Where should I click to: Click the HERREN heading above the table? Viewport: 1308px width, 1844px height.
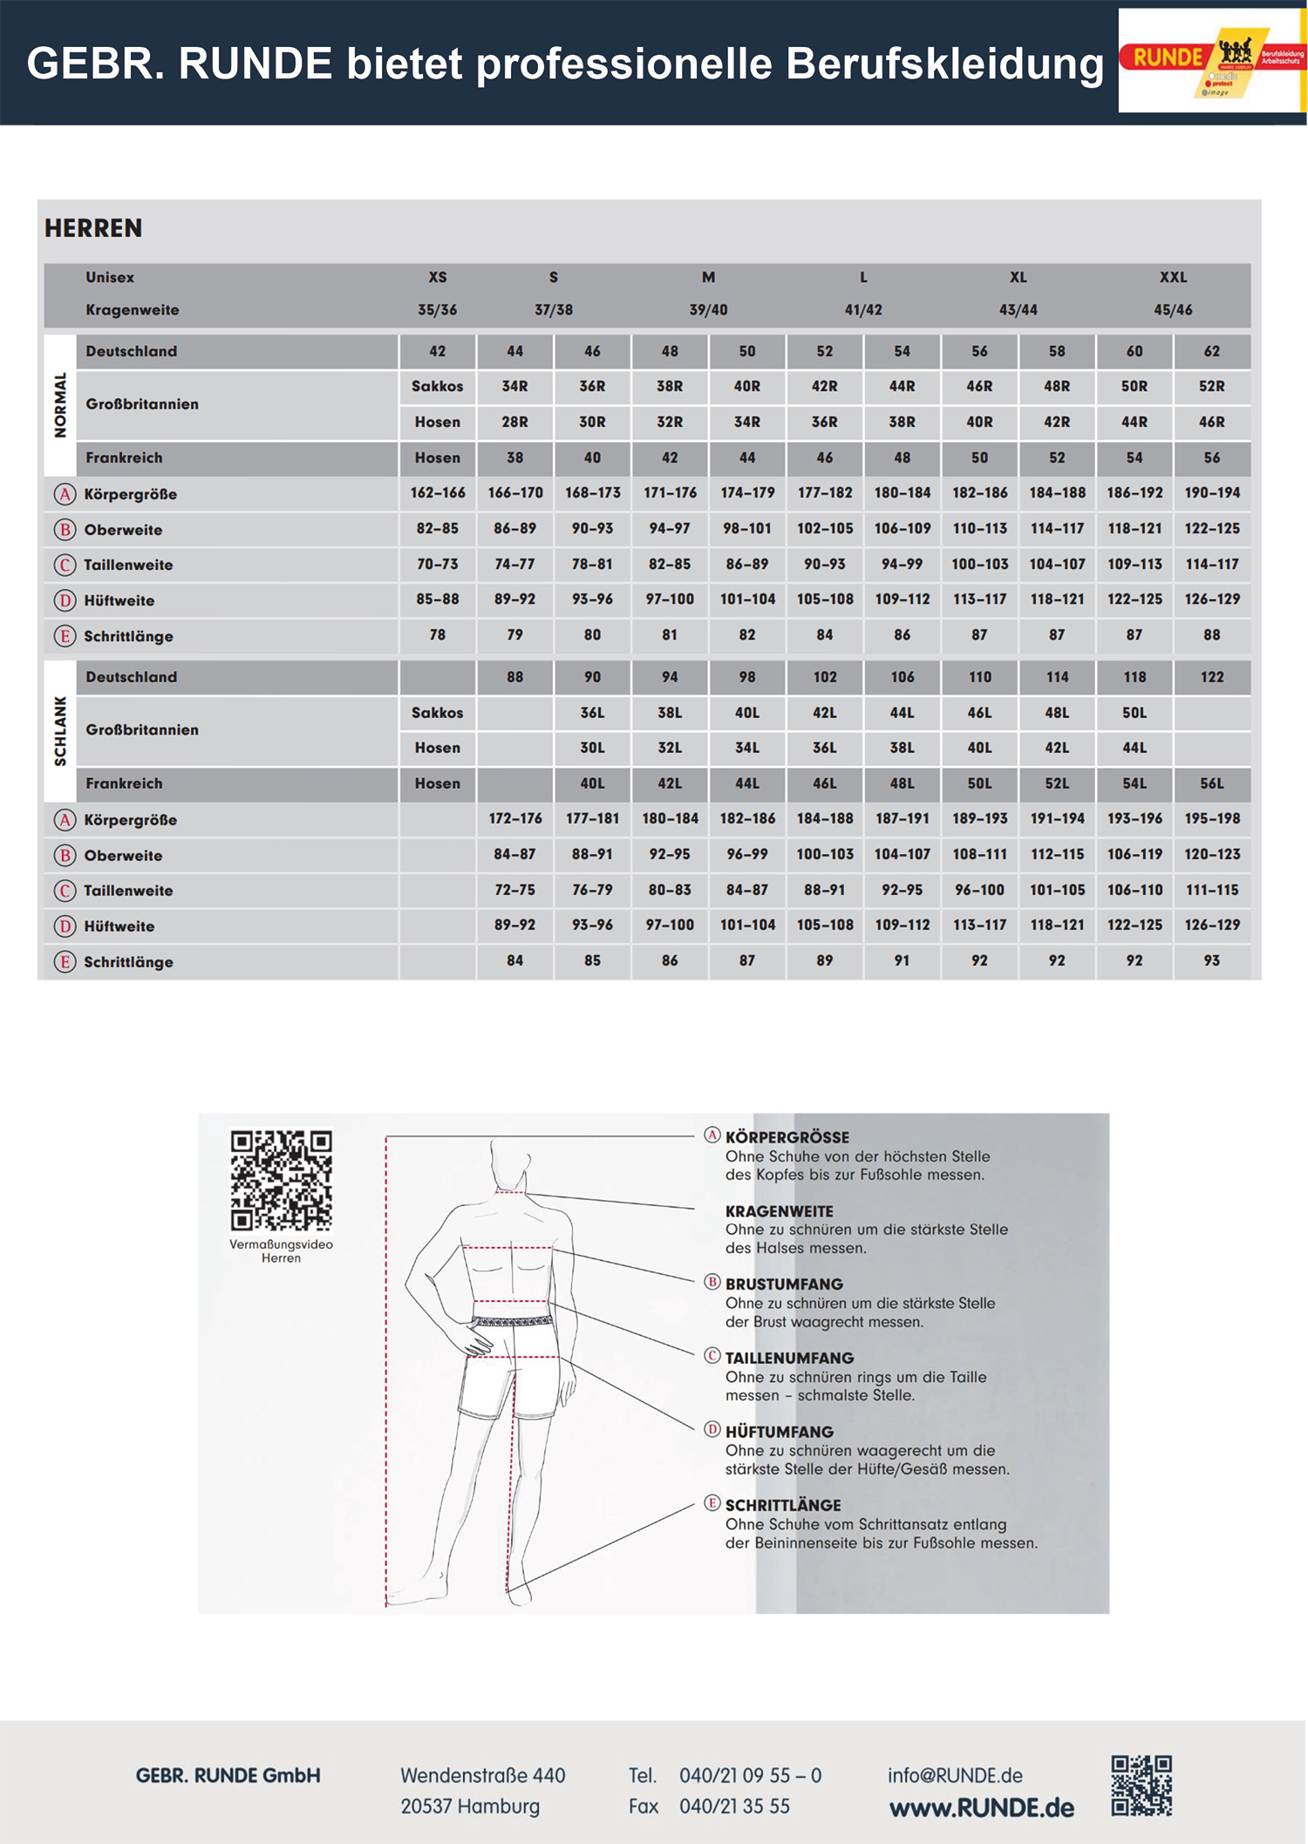coord(93,228)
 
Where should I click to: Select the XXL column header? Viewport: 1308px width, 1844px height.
coord(1173,277)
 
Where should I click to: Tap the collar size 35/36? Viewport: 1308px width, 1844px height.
coord(437,310)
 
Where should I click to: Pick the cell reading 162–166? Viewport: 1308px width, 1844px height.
coord(438,493)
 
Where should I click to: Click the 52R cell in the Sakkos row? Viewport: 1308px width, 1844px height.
coord(1211,386)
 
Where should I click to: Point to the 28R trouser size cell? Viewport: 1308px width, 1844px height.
coord(514,422)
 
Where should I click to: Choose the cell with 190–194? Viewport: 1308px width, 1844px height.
coord(1211,493)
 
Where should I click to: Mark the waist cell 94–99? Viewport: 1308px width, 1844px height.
coord(902,564)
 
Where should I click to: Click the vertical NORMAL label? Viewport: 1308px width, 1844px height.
coord(60,404)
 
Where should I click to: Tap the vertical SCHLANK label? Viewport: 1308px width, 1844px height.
coord(60,730)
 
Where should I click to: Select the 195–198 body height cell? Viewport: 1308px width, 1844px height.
coord(1211,818)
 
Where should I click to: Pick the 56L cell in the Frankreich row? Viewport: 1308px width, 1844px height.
coord(1211,783)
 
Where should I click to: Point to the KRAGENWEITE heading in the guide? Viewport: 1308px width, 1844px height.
coord(779,1211)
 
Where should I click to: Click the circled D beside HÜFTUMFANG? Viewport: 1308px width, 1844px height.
coord(712,1429)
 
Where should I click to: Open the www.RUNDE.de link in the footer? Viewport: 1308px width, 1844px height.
coord(981,1808)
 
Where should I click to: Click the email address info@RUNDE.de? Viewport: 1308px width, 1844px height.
coord(955,1775)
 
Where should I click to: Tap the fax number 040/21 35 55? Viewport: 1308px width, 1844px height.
coord(734,1807)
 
